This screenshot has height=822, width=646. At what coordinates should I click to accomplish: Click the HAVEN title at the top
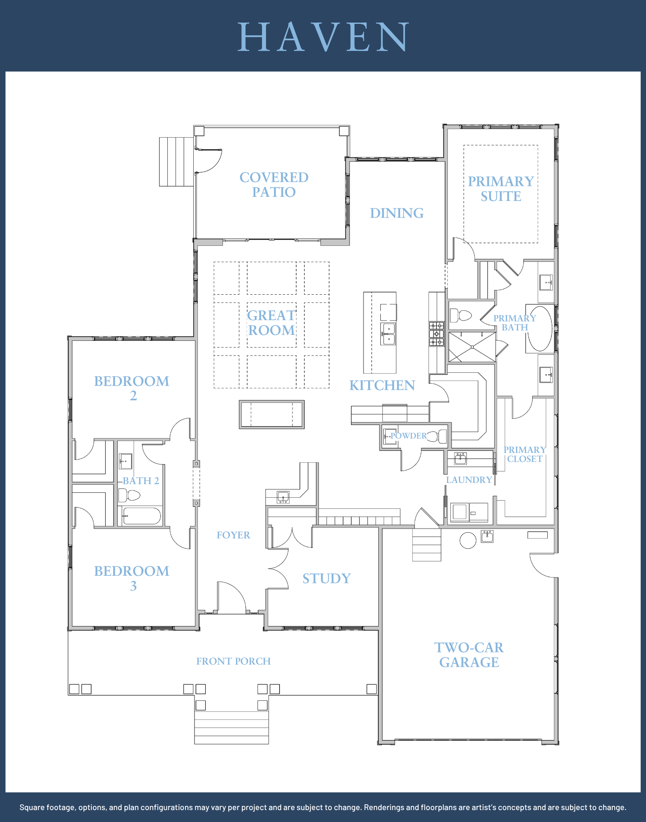tap(323, 37)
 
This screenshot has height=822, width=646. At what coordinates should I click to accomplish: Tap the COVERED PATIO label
tap(274, 185)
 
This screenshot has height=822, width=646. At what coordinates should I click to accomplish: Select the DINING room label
tap(396, 213)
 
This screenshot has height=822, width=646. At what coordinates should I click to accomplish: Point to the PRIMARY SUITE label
tap(501, 189)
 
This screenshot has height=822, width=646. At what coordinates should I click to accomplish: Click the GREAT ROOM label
tap(271, 323)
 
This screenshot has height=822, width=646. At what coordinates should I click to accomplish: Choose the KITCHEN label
tap(382, 385)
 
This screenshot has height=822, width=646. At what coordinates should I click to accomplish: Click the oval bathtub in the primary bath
tap(540, 329)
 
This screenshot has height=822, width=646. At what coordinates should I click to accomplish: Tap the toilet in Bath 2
tap(129, 495)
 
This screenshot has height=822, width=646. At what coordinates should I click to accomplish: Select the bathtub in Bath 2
tap(141, 516)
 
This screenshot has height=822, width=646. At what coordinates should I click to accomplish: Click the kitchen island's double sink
tap(388, 334)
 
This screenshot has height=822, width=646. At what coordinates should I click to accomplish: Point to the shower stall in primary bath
tap(472, 347)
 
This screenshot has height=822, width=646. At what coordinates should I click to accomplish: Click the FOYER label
tap(233, 535)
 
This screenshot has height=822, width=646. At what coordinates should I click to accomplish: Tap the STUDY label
tap(326, 579)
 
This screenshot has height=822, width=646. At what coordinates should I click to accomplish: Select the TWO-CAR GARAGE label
tap(469, 655)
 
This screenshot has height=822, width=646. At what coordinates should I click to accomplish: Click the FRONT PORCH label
tap(233, 661)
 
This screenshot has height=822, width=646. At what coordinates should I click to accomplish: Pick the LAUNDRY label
tap(469, 480)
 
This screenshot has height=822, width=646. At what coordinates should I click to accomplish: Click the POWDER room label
tap(408, 436)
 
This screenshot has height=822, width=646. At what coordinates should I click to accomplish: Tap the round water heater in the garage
tap(468, 540)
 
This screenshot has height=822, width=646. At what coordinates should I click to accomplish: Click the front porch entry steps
tap(232, 727)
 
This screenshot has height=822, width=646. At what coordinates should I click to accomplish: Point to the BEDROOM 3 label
tap(132, 578)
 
